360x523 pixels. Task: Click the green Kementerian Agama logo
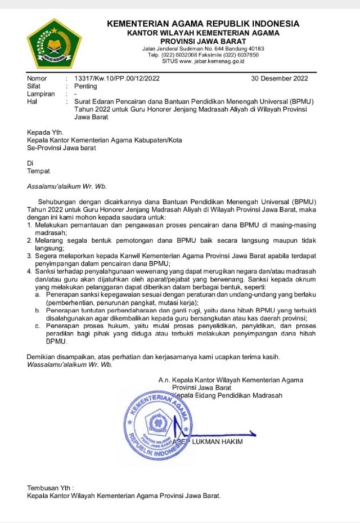[55, 43]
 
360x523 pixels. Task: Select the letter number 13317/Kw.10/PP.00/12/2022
[112, 79]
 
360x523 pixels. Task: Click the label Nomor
[37, 79]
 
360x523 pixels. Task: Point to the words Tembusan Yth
[50, 488]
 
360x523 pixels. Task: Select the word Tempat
[38, 171]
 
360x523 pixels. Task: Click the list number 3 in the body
[29, 255]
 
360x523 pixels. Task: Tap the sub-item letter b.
[37, 310]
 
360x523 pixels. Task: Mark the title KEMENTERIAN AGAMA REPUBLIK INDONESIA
[204, 24]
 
